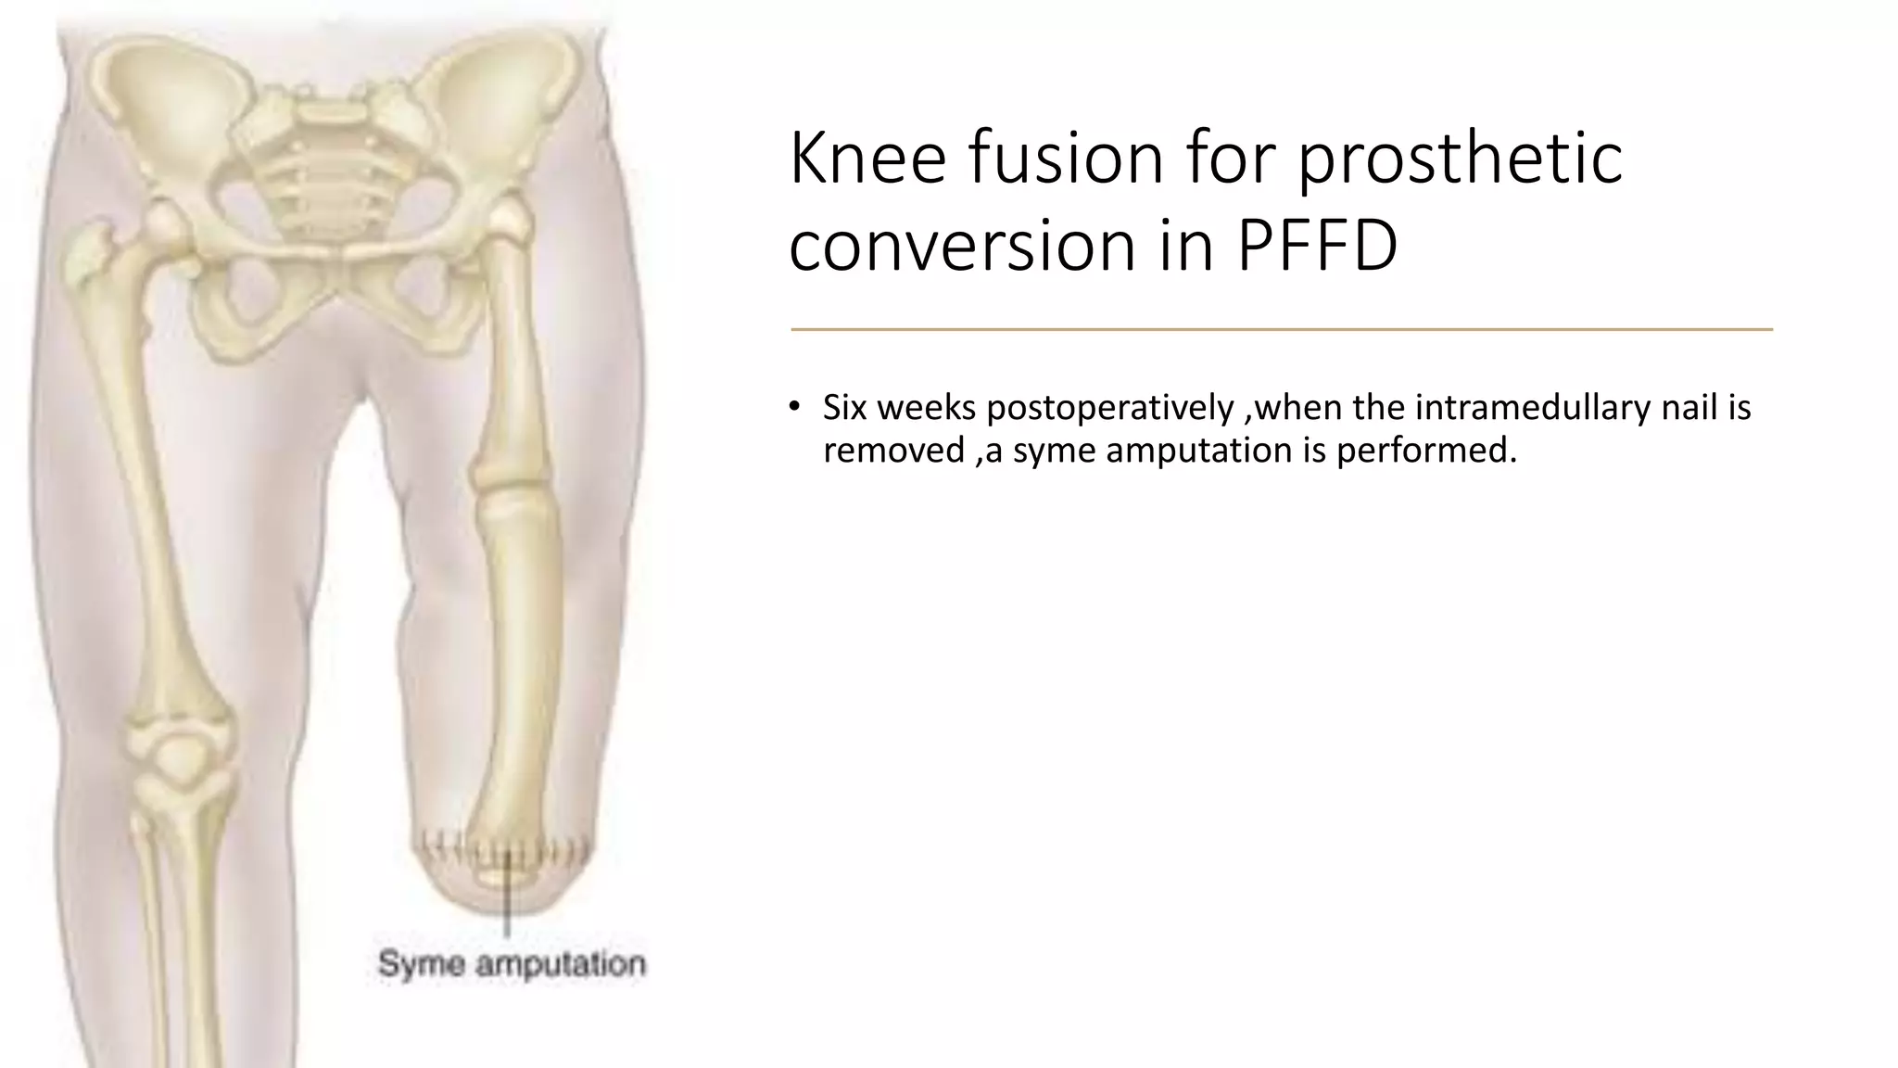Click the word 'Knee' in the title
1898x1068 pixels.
click(867, 158)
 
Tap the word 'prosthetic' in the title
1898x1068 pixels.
click(1459, 158)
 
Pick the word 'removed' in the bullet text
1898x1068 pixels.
click(893, 451)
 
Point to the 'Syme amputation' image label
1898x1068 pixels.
click(512, 964)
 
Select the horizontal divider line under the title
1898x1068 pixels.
click(1281, 329)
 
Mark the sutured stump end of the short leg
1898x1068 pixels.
click(505, 867)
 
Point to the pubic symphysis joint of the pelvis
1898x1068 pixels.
click(344, 255)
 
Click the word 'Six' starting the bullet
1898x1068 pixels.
click(844, 408)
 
